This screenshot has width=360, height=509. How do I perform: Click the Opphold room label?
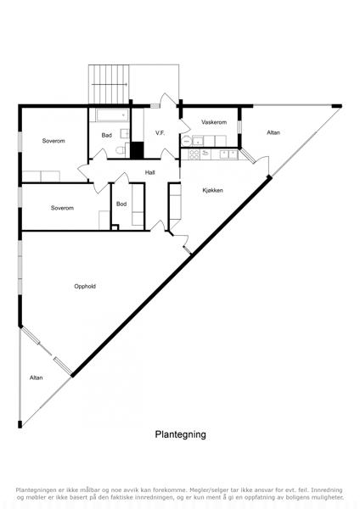(85, 287)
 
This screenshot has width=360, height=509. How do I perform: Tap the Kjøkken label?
(213, 190)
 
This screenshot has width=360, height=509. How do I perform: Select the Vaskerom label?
(214, 122)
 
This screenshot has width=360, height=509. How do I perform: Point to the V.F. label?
(160, 133)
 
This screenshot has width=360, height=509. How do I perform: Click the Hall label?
(149, 173)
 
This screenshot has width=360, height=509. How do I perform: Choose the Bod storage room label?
(121, 204)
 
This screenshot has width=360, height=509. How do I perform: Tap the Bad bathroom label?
(107, 136)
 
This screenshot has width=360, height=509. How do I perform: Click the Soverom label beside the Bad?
(53, 141)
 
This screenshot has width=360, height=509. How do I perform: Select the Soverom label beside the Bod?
(62, 208)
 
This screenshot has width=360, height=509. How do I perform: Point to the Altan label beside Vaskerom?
(273, 132)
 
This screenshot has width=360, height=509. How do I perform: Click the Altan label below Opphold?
(36, 378)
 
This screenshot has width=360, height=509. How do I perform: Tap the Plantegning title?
(180, 434)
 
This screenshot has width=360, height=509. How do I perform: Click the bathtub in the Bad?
(112, 115)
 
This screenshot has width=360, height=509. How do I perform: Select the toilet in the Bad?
(121, 150)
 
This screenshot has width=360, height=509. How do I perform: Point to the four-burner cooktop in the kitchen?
(194, 154)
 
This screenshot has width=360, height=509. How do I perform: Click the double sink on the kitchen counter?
(228, 154)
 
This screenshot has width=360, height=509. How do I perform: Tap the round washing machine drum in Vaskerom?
(187, 141)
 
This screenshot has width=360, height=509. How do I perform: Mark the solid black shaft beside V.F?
(137, 150)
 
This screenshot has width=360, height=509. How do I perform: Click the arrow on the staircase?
(110, 84)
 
